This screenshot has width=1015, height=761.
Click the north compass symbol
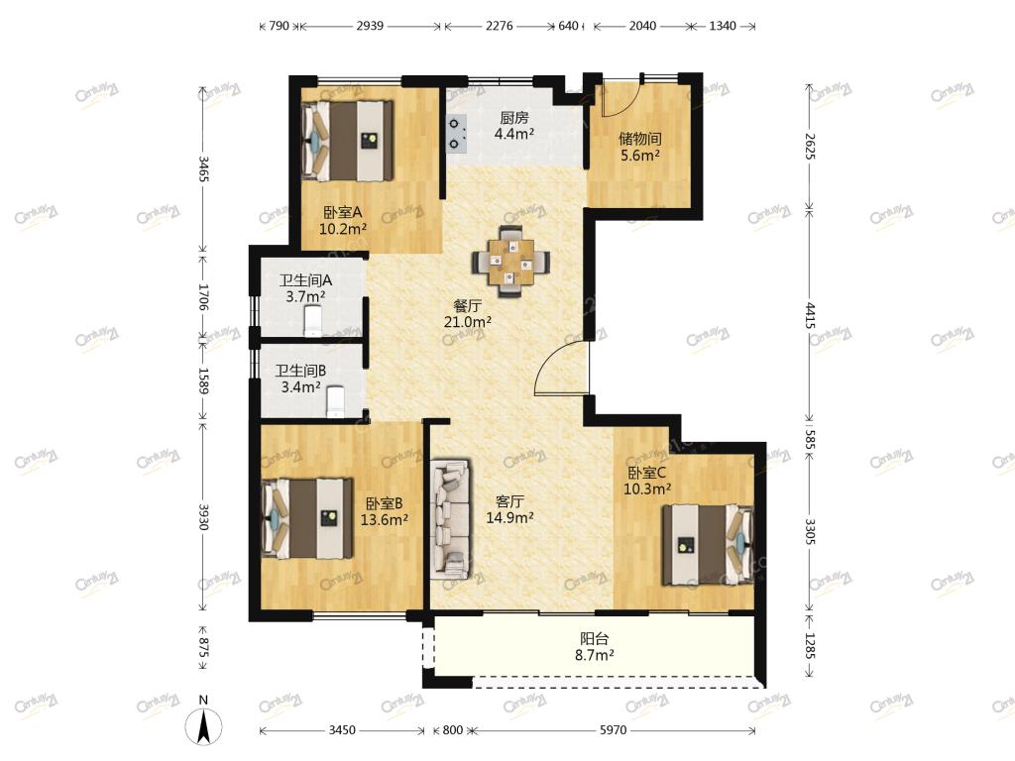203,725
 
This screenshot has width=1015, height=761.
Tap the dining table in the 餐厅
511,262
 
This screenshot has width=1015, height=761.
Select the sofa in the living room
451,518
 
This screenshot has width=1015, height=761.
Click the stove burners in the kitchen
456,133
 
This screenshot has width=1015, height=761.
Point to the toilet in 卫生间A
312,322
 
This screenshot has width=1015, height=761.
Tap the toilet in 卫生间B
336,402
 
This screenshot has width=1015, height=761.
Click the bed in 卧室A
347,141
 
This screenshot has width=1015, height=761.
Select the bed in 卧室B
307,518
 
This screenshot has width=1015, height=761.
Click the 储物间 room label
639,139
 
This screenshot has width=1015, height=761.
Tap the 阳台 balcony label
595,639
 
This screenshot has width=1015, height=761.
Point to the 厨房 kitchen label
514,118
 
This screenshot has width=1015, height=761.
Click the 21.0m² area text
468,322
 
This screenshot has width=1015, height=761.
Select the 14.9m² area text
510,517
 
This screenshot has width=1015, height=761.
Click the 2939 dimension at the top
370,26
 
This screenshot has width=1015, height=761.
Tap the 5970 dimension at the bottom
613,730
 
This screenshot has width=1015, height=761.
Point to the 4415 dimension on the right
810,315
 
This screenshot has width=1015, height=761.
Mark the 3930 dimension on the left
203,517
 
